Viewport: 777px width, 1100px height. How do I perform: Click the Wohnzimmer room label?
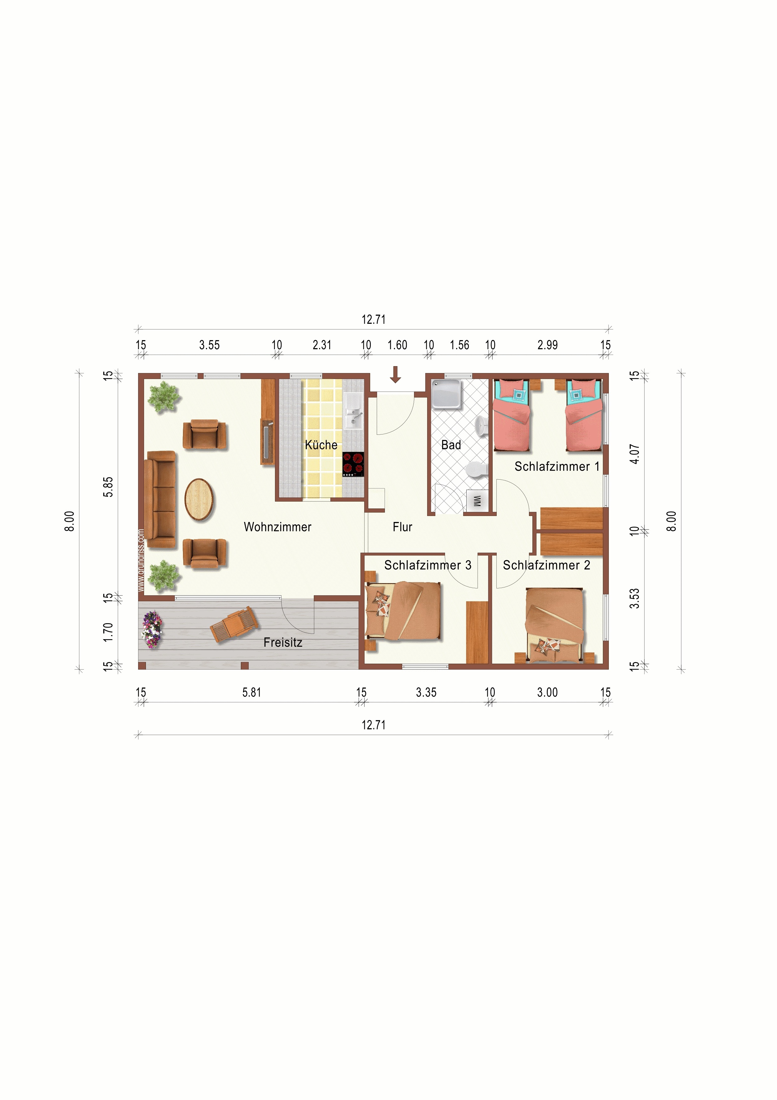pyautogui.click(x=278, y=527)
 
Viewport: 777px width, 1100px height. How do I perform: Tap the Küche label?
pyautogui.click(x=321, y=445)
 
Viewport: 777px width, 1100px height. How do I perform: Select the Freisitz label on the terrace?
pyautogui.click(x=283, y=642)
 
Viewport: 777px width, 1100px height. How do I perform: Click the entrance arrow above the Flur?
pyautogui.click(x=396, y=375)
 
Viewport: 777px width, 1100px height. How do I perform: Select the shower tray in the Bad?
pyautogui.click(x=447, y=394)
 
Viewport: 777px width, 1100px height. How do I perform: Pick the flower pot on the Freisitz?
pyautogui.click(x=152, y=629)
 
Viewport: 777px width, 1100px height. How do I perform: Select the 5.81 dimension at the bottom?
pyautogui.click(x=252, y=692)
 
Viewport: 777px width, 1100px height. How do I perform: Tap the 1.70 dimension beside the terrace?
pyautogui.click(x=108, y=632)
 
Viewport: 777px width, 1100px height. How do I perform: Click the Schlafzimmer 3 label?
pyautogui.click(x=428, y=565)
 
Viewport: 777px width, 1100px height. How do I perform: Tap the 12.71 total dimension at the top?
pyautogui.click(x=373, y=319)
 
